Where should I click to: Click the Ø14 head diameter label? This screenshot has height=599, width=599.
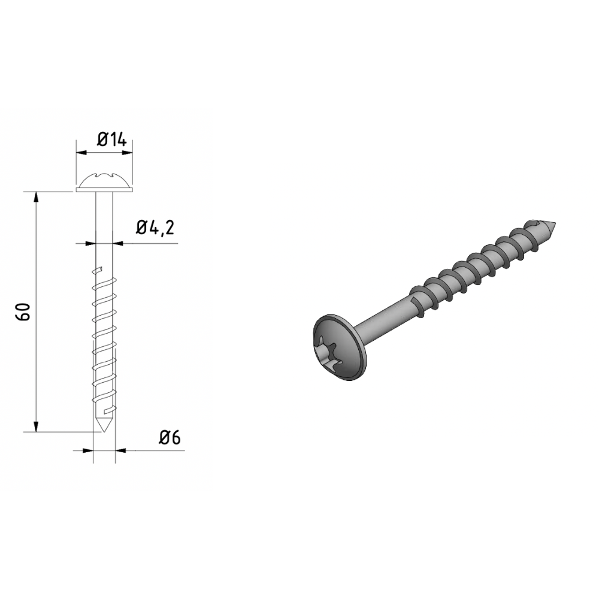[x=111, y=140]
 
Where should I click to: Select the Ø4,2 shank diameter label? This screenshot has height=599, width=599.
[x=155, y=228]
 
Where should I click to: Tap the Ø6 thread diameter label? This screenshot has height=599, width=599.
[x=170, y=438]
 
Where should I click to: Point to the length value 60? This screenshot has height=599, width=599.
[x=24, y=311]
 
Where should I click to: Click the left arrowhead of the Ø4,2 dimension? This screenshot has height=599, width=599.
[x=91, y=243]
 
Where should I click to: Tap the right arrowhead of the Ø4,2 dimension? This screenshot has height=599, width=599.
[x=119, y=243]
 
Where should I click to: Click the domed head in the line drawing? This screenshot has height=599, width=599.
[x=105, y=181]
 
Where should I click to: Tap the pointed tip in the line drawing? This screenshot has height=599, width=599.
[x=104, y=425]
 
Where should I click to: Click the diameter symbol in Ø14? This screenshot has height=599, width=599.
[x=102, y=140]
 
